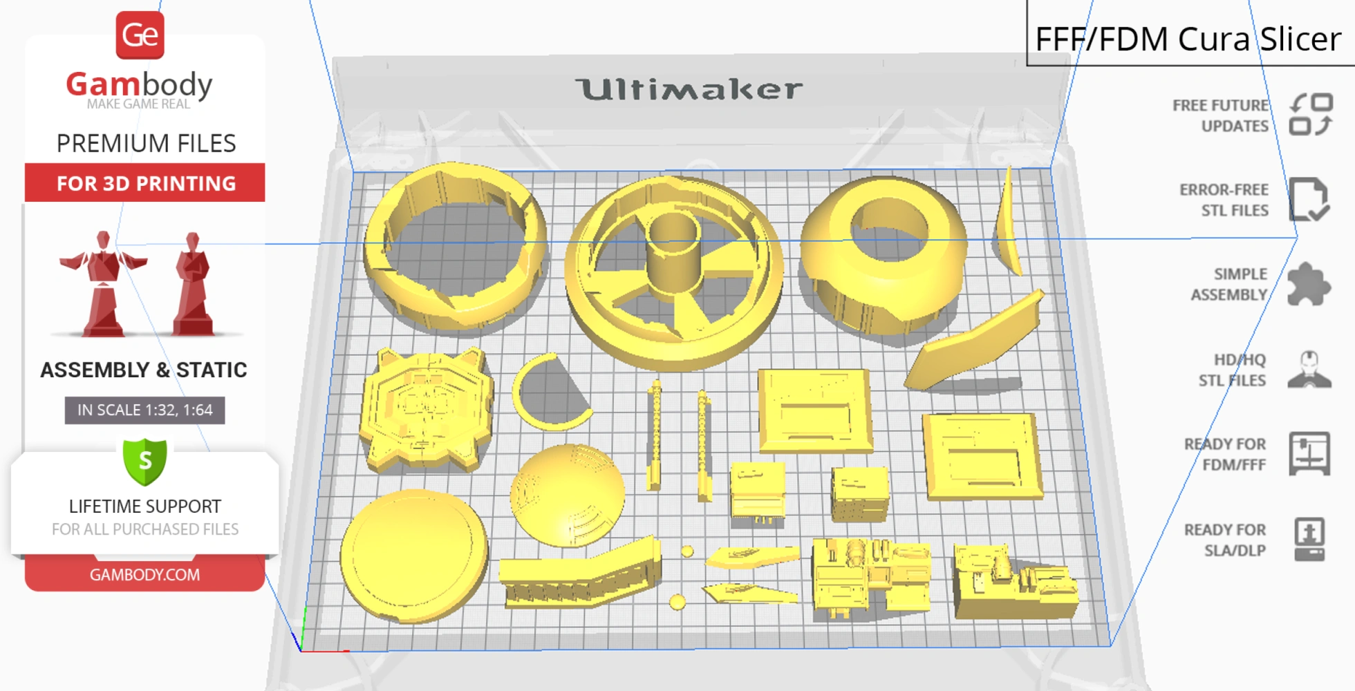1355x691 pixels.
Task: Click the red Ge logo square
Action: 140,35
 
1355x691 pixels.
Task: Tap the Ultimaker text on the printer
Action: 689,89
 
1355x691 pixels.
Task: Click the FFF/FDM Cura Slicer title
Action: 1188,39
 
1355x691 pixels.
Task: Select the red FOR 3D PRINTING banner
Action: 145,183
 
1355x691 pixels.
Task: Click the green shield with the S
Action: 145,462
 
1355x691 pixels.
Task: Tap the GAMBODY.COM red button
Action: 144,574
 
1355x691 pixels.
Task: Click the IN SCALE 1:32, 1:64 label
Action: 144,410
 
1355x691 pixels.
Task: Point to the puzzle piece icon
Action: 1309,284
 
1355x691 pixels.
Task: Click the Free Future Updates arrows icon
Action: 1311,115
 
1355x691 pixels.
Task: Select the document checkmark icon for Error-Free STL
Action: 1309,200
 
